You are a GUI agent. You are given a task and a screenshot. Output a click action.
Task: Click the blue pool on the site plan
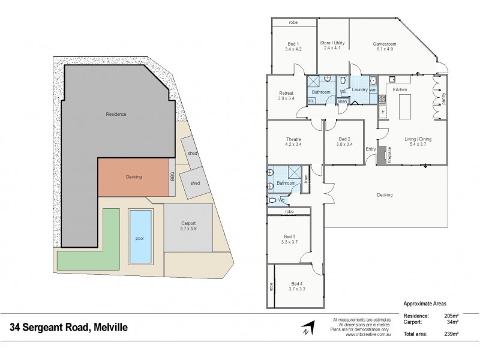[x=139, y=238]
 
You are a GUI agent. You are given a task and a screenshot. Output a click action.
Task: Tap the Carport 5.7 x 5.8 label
[x=188, y=226]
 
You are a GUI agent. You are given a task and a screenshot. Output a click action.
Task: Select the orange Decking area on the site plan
[x=133, y=177]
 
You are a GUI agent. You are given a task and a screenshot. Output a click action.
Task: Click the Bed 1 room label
[x=293, y=46]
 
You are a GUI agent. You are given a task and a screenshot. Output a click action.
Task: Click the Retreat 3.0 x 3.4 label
[x=286, y=96]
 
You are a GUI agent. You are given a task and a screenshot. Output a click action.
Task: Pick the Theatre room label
[x=293, y=142]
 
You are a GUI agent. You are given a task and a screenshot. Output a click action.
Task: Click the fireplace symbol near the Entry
[x=382, y=154]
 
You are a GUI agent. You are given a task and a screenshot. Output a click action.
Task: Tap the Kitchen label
[x=400, y=89]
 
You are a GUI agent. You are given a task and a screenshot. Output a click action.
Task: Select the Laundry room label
[x=359, y=89]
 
